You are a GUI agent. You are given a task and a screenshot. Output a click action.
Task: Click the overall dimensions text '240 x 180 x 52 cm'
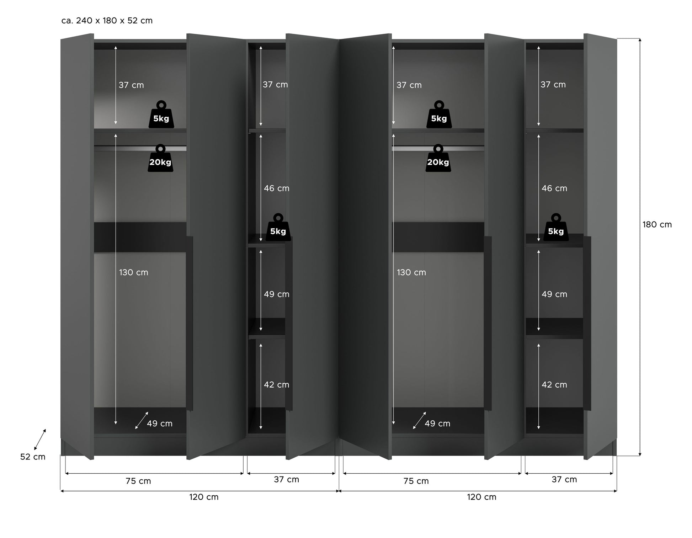114,21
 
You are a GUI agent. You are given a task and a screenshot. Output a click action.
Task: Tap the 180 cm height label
657,225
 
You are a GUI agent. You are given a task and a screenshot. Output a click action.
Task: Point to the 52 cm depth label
33,457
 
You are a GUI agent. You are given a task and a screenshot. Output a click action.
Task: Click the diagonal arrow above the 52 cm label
40,440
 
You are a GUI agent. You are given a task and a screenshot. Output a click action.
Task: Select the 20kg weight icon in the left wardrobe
160,158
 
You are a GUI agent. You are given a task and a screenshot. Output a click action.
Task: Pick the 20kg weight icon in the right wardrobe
438,158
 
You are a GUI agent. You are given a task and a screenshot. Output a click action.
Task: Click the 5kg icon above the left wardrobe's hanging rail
161,114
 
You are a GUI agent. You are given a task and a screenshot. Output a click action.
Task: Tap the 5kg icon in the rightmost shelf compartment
556,227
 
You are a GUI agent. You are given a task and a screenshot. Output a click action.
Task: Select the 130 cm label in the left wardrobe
133,273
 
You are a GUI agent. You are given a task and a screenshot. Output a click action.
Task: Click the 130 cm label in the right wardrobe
411,273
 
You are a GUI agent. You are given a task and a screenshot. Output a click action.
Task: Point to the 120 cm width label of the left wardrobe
204,497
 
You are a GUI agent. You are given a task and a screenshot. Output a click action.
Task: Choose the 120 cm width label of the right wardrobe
481,497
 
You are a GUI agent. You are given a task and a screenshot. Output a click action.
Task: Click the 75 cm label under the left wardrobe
138,481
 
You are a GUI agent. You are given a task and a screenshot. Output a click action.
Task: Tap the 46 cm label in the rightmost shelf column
554,188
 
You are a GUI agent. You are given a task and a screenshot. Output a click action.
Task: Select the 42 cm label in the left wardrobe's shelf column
277,385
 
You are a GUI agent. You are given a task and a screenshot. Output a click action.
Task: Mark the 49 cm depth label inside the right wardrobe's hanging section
437,424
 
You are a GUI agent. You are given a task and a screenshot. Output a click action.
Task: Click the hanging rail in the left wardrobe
140,148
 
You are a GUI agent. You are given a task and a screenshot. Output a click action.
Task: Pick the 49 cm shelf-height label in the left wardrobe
277,294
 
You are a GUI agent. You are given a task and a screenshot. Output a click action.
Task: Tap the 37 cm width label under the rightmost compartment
564,480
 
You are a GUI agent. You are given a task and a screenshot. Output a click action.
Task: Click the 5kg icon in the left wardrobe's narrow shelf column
278,227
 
